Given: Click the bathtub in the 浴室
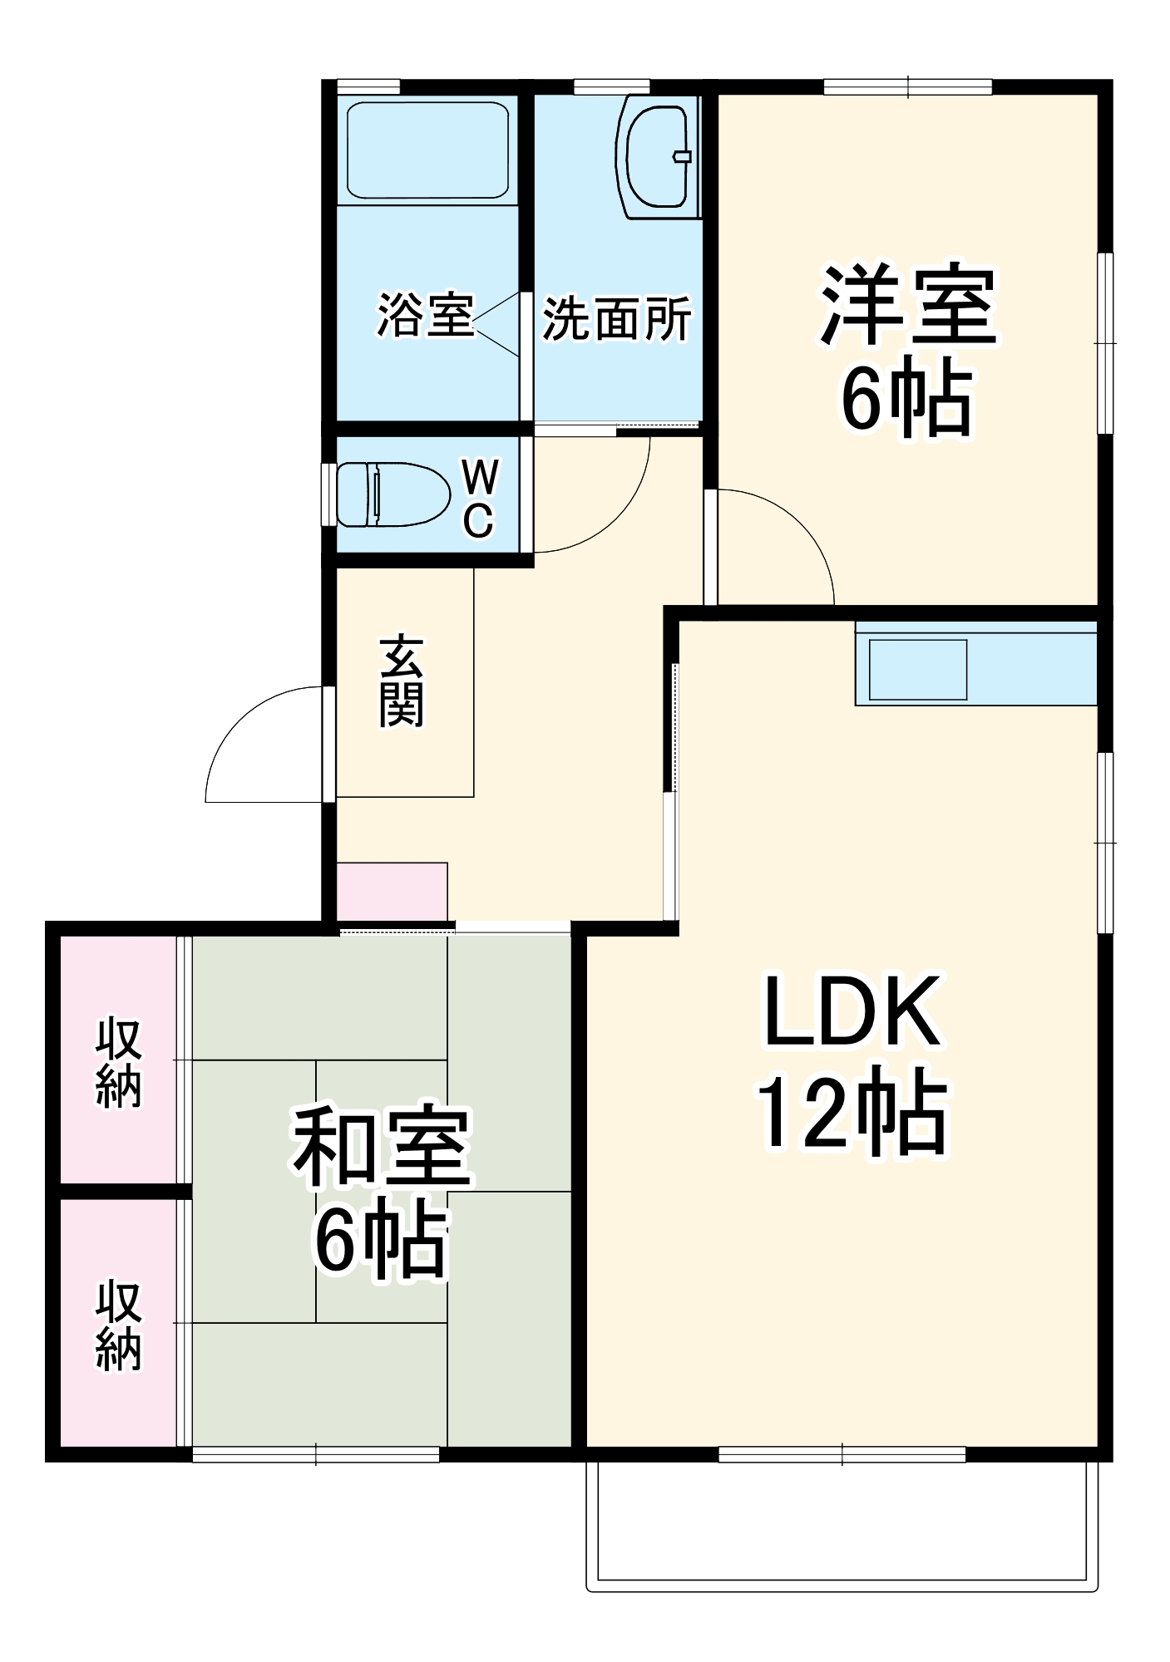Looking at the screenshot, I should pos(427,150).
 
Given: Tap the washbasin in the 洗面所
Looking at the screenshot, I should pos(658,157).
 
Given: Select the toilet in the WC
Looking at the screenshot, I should pos(391,494).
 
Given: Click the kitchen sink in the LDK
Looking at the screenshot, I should pos(917,669).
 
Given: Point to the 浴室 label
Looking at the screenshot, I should pos(425,315).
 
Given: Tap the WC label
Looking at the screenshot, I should pos(479,499).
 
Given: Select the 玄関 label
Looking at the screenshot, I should pos(402,681).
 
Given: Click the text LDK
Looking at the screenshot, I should pos(852,1012).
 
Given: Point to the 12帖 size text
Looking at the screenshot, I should pos(852,1114).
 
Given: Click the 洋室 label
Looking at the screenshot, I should pos(908,306).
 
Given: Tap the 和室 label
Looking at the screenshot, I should pos(382,1147).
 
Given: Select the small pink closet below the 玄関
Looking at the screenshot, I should pos(392,891).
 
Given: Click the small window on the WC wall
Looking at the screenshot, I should pos(328,494).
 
